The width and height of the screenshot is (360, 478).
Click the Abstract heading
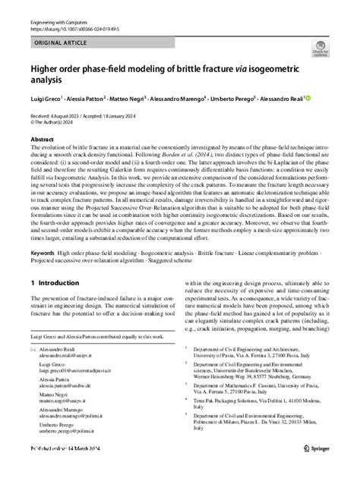point(42,140)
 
